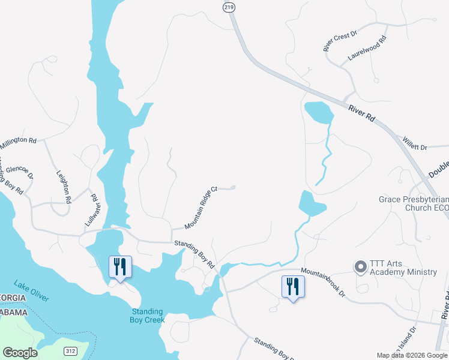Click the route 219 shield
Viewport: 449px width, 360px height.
(228, 7)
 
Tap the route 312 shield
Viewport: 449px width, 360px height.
(71, 350)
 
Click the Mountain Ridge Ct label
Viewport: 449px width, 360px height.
(200, 207)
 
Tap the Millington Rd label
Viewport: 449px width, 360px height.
(18, 143)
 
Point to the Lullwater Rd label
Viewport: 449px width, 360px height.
(91, 209)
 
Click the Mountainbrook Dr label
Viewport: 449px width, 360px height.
(324, 282)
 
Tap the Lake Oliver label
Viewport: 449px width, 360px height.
(31, 290)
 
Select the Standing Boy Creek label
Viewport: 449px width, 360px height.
(146, 315)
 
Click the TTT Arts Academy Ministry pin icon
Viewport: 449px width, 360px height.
(360, 266)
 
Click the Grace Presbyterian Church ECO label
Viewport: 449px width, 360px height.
(413, 203)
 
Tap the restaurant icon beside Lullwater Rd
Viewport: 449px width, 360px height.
(120, 266)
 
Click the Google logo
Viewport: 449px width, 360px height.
(20, 353)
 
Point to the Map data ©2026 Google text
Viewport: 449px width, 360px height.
(412, 355)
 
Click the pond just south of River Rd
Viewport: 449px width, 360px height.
(318, 112)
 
